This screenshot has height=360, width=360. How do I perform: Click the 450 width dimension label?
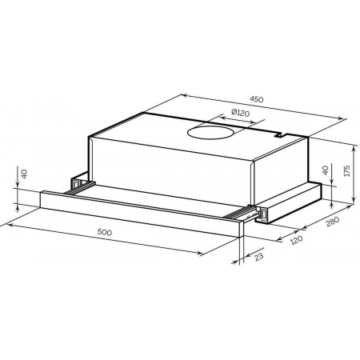pos(257,99)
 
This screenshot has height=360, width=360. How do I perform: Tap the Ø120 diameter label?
pos(240,113)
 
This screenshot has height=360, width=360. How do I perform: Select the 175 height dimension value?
pos(346,171)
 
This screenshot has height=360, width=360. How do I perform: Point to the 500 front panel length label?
pos(105,232)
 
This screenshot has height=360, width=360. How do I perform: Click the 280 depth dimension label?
pos(333,222)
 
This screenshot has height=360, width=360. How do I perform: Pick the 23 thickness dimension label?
pos(258,256)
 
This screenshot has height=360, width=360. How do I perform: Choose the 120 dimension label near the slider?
pos(296,240)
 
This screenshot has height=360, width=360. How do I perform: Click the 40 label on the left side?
pos(24,174)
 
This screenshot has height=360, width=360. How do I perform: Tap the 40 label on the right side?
pos(325,170)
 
